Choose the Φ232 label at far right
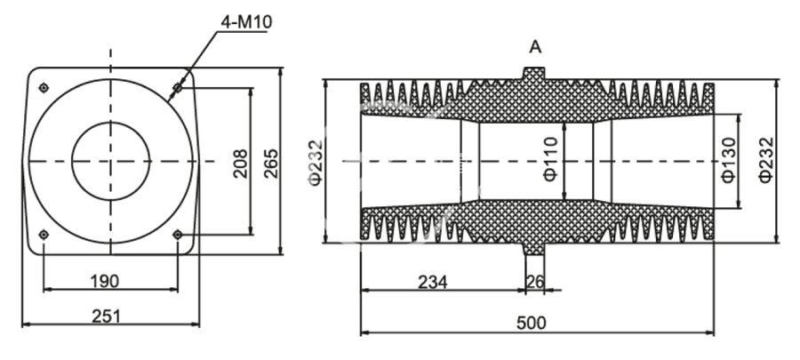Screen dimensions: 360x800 pyautogui.click(x=766, y=162)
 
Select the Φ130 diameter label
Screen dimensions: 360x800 pyautogui.click(x=727, y=162)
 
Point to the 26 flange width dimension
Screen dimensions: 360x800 pyautogui.click(x=535, y=282)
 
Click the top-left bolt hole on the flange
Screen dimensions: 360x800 pyautogui.click(x=44, y=87)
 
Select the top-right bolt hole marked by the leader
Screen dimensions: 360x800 pyautogui.click(x=178, y=88)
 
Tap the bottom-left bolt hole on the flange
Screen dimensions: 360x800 pyautogui.click(x=44, y=235)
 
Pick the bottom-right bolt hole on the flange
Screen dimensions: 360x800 pyautogui.click(x=178, y=235)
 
